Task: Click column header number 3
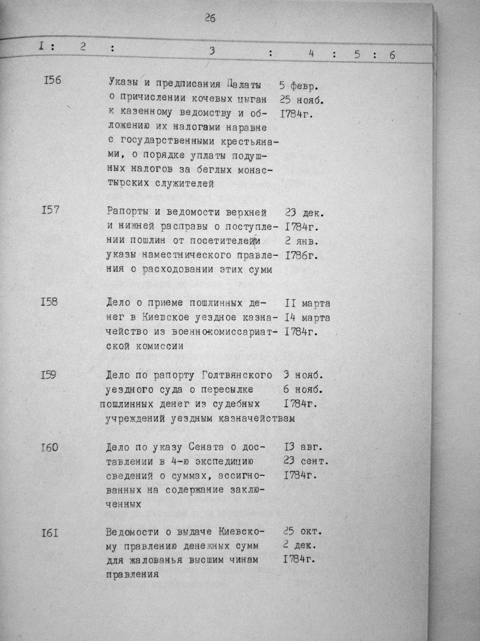pyautogui.click(x=212, y=51)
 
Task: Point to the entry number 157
pyautogui.click(x=50, y=209)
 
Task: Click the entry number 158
pyautogui.click(x=49, y=302)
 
